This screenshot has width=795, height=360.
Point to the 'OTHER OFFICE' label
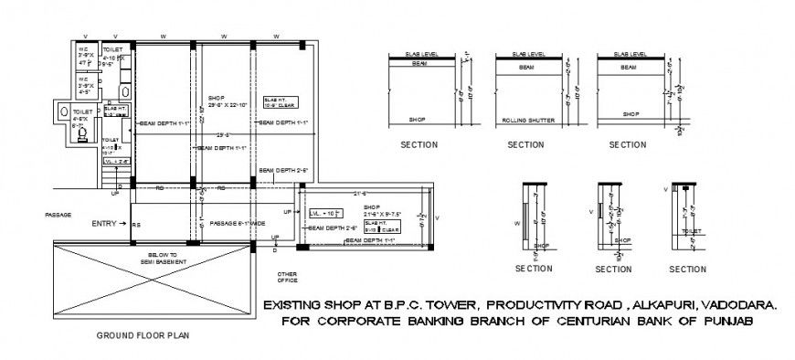(x=288, y=278)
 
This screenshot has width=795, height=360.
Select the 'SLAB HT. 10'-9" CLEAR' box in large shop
(x=277, y=102)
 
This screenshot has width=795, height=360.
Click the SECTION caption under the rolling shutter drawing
(x=525, y=144)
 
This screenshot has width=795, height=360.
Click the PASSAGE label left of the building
(x=58, y=215)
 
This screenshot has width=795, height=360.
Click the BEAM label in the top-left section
(x=419, y=64)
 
